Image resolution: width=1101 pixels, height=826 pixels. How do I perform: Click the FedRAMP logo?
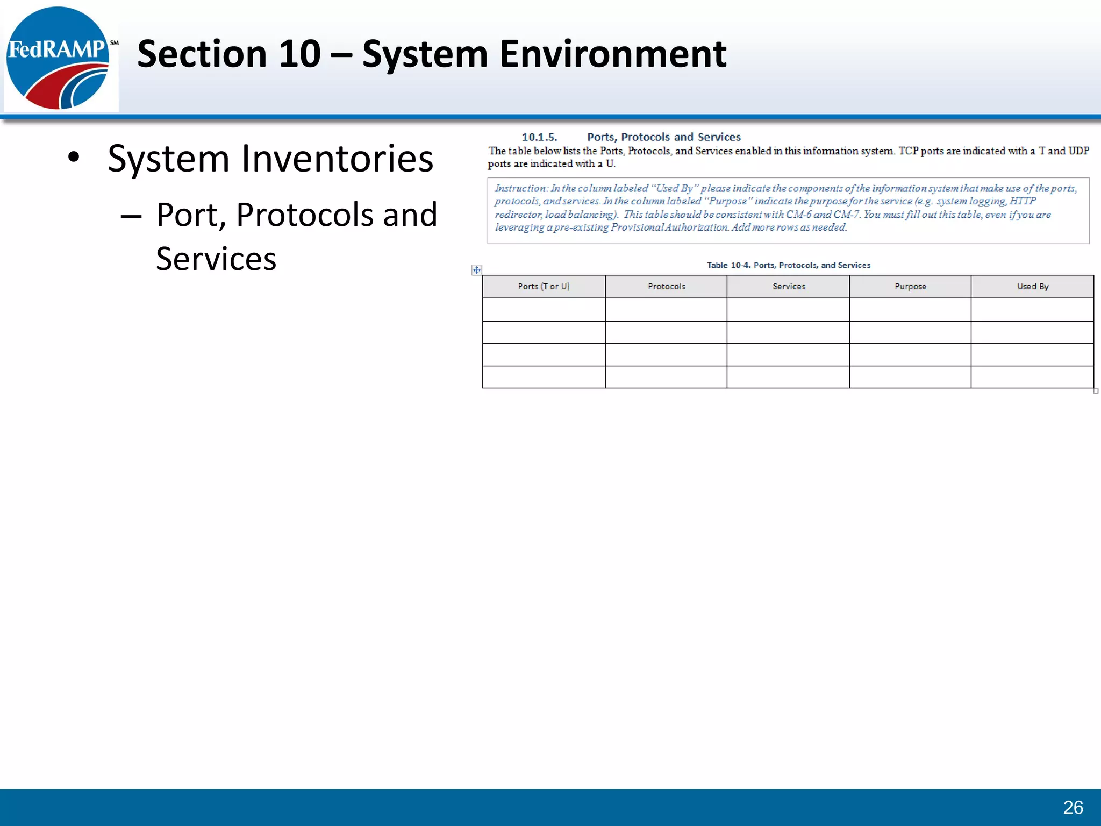(x=58, y=58)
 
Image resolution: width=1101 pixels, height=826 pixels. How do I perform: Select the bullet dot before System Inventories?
(x=74, y=158)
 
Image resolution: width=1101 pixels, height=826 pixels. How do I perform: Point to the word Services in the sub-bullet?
(x=216, y=259)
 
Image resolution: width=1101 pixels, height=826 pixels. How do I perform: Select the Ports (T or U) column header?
(x=544, y=287)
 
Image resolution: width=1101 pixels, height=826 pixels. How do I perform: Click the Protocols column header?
(x=666, y=287)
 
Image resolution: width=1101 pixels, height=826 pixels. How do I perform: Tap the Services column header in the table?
(x=789, y=287)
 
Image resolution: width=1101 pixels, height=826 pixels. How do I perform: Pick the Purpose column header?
(x=910, y=287)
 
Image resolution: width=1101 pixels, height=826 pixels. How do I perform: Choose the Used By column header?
(x=1033, y=287)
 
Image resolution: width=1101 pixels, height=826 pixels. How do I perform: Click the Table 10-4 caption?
(x=788, y=265)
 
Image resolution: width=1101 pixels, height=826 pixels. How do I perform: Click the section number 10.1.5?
(x=539, y=137)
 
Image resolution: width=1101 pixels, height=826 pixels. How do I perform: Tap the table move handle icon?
(x=477, y=270)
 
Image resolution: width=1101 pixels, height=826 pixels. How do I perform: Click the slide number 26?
(x=1073, y=807)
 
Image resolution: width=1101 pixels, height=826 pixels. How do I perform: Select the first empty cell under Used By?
(x=1032, y=310)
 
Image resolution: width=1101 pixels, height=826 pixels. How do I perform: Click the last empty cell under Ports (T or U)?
(x=544, y=377)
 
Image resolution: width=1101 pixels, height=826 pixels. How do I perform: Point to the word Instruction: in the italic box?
(x=520, y=188)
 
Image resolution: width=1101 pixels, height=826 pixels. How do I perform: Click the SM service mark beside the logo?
(x=114, y=42)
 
